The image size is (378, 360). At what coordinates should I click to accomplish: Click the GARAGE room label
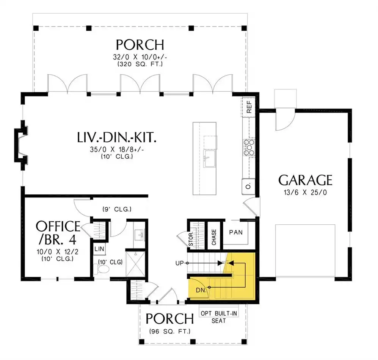point(305,180)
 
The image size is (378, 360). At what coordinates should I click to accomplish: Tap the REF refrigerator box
point(249,107)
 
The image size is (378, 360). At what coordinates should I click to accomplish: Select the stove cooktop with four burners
point(249,147)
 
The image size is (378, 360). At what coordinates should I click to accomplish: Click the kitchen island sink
point(209,158)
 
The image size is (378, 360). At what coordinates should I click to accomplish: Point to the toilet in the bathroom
point(101,269)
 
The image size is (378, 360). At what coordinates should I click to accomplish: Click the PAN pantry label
point(236,232)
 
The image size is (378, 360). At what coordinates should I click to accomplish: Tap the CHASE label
point(214,237)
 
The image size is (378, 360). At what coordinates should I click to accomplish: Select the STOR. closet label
point(191,239)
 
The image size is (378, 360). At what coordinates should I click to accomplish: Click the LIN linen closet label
point(99,249)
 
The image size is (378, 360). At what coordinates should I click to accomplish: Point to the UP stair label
point(180,263)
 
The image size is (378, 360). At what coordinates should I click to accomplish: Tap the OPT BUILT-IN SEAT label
point(219,317)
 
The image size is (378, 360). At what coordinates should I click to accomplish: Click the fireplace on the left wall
point(21,145)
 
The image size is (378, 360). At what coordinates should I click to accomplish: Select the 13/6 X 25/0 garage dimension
point(305,193)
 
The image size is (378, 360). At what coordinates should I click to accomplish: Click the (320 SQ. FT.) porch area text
point(140,64)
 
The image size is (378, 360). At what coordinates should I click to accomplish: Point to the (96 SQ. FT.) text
point(170,332)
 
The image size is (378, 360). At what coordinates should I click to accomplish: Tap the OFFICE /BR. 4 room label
point(58,233)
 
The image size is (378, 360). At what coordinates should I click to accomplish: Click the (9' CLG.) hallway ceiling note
point(117,209)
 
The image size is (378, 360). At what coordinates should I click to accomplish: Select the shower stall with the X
point(135,264)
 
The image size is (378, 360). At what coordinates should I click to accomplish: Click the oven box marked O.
point(249,186)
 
